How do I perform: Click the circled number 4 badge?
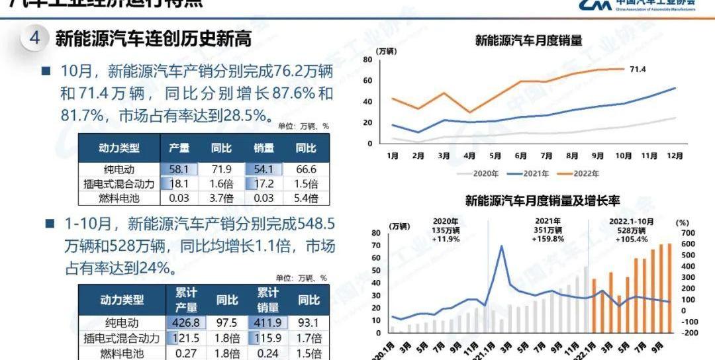(x=34, y=38)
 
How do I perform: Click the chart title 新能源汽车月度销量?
(x=528, y=40)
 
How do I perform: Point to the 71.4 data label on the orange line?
(x=638, y=69)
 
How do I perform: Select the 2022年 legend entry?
(x=575, y=174)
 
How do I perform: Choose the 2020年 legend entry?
(x=481, y=174)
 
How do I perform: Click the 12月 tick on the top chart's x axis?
(x=675, y=156)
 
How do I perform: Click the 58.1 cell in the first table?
(x=179, y=169)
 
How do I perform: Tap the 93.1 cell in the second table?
(x=309, y=323)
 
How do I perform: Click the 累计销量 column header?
(x=269, y=300)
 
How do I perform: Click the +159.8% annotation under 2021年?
(x=548, y=239)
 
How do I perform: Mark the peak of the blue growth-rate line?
(x=501, y=246)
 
